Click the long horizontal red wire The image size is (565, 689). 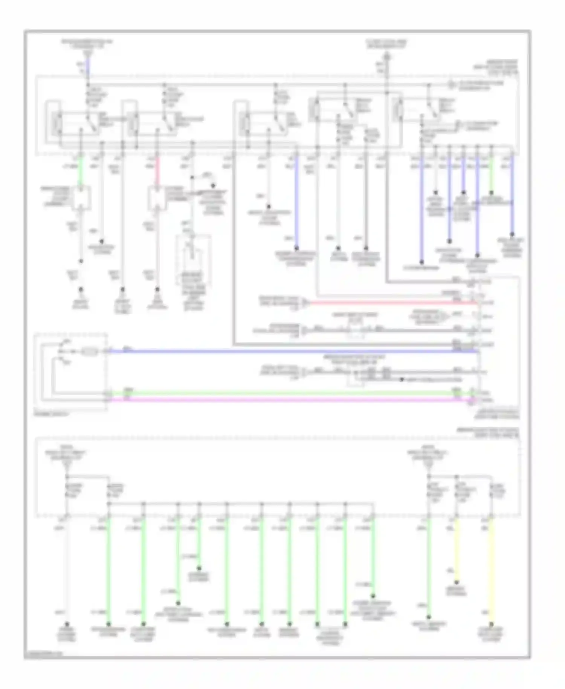tap(392, 302)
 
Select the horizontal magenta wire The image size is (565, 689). tap(286, 399)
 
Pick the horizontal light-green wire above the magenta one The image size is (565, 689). tap(286, 393)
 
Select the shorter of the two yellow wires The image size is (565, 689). tap(456, 550)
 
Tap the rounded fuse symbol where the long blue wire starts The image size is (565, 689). tap(89, 352)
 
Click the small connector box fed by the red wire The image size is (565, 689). tap(157, 198)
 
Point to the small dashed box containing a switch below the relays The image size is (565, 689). tap(193, 260)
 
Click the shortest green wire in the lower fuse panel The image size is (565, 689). tap(199, 543)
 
